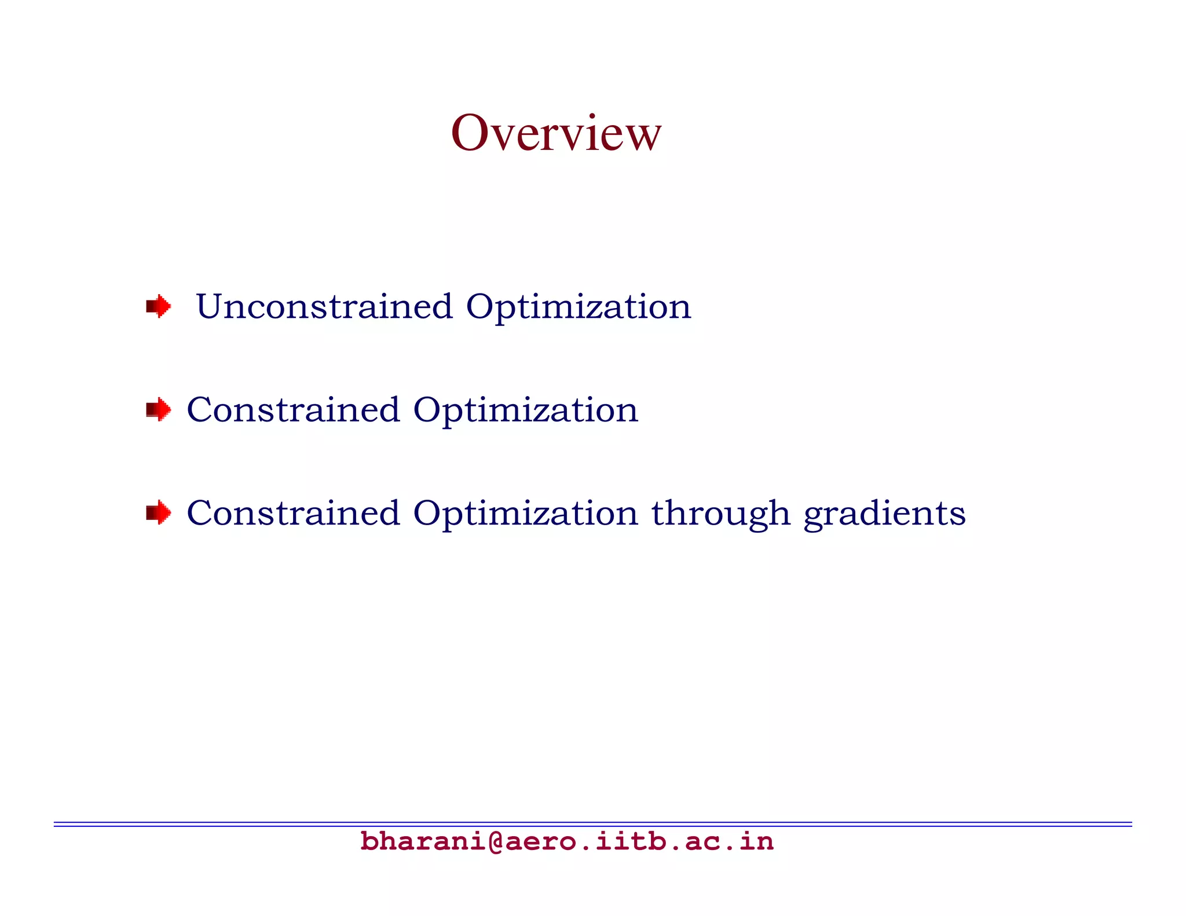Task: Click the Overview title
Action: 556,133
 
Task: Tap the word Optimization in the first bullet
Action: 578,307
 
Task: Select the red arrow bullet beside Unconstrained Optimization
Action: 158,306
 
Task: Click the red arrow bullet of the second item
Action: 158,409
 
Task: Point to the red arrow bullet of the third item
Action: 158,512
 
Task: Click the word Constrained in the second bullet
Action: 293,409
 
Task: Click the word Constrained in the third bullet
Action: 293,513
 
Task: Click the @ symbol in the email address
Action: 496,841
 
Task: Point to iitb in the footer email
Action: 631,841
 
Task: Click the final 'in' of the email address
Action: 756,841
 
